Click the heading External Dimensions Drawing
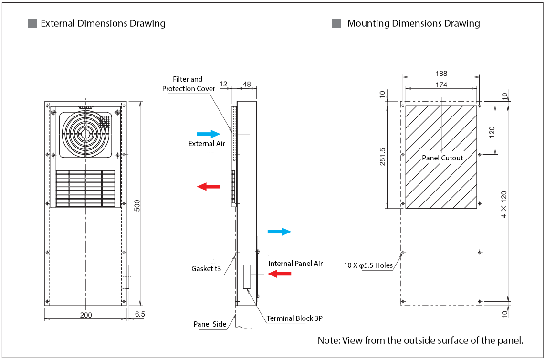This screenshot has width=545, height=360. tap(103, 23)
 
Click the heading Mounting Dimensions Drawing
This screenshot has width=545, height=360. tap(413, 23)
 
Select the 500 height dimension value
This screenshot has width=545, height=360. tap(137, 205)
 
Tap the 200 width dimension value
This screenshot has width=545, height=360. tap(86, 315)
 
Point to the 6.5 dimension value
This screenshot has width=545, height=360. tap(140, 315)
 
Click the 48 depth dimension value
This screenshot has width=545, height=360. tap(247, 84)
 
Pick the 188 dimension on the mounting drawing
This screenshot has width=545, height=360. tap(441, 74)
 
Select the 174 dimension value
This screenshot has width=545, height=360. tap(441, 85)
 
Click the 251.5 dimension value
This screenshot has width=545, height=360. tap(382, 157)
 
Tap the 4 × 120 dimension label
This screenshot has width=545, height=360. tap(504, 204)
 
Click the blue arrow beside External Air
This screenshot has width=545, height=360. tap(209, 134)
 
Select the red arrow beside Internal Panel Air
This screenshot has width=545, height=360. tap(279, 274)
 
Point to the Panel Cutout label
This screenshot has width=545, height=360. tap(442, 158)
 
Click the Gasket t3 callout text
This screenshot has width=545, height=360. tap(206, 269)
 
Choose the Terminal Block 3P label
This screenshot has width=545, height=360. tap(294, 318)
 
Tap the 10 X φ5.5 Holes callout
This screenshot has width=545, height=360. tap(368, 265)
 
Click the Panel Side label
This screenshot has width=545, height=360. tap(210, 324)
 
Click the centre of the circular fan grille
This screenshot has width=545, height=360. tap(85, 133)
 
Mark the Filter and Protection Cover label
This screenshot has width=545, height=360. tap(188, 84)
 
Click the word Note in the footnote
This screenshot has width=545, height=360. tap(328, 340)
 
